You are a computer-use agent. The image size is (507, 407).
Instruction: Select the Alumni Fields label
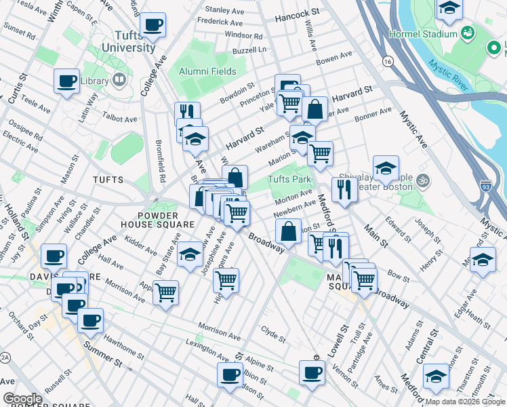(207, 71)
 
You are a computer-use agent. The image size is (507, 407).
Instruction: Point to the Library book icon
(120, 80)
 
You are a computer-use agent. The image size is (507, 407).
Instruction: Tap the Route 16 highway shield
(387, 61)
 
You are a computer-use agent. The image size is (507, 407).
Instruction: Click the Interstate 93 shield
(485, 185)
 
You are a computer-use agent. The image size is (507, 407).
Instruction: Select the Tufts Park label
(289, 180)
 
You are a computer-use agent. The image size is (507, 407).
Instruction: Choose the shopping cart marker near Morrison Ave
(165, 292)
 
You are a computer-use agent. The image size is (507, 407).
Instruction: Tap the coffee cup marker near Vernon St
(312, 372)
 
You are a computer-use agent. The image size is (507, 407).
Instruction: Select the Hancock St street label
(296, 13)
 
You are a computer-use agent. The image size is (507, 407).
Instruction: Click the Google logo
(22, 399)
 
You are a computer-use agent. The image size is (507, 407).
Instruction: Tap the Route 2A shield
(5, 357)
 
